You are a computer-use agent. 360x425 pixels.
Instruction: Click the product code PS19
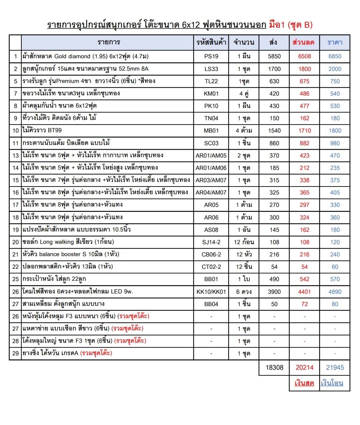pyautogui.click(x=211, y=56)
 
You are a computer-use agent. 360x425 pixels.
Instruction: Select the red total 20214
pyautogui.click(x=304, y=367)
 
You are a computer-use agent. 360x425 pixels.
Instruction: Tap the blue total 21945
pyautogui.click(x=335, y=367)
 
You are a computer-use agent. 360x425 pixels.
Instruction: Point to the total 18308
pyautogui.click(x=274, y=367)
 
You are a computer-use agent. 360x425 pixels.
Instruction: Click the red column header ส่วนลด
pyautogui.click(x=303, y=42)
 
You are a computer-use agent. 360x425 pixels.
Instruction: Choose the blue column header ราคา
pyautogui.click(x=335, y=42)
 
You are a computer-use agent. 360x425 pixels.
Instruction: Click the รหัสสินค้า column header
pyautogui.click(x=211, y=42)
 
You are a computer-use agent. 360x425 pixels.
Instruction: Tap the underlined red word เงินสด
pyautogui.click(x=304, y=383)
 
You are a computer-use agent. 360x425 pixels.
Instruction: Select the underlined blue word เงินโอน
pyautogui.click(x=332, y=383)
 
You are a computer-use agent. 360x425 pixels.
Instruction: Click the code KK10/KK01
pyautogui.click(x=211, y=292)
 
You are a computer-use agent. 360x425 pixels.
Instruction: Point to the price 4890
pyautogui.click(x=335, y=292)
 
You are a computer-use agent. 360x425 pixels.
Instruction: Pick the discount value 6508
pyautogui.click(x=304, y=56)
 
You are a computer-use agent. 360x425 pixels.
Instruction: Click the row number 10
pyautogui.click(x=15, y=131)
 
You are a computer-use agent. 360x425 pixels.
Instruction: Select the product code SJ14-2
pyautogui.click(x=211, y=242)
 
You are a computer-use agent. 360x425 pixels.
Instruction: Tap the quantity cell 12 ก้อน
pyautogui.click(x=244, y=242)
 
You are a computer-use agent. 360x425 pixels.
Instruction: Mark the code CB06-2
pyautogui.click(x=211, y=254)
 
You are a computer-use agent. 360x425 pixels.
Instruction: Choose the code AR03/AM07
pyautogui.click(x=211, y=180)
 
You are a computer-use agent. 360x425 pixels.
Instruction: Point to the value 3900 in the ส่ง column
pyautogui.click(x=274, y=292)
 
